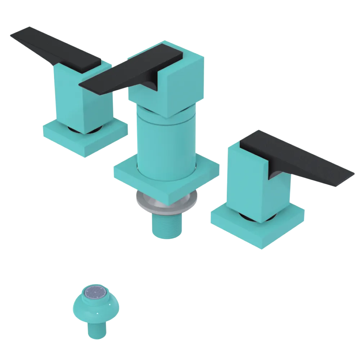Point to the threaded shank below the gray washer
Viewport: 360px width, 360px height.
[x=166, y=225]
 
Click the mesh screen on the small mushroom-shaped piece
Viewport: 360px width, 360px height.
[x=96, y=291]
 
